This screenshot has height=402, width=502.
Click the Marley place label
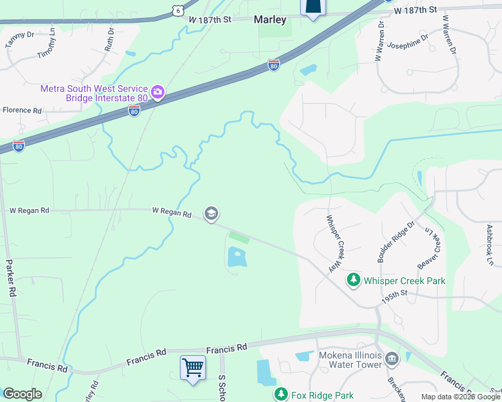click(x=270, y=20)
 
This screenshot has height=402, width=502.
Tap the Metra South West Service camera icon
click(x=158, y=92)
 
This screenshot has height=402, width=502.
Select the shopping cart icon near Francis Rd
click(x=193, y=366)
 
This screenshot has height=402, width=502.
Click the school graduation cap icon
click(x=211, y=214)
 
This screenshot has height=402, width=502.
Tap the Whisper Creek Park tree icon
click(x=352, y=279)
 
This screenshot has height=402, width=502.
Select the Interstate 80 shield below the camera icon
click(x=134, y=113)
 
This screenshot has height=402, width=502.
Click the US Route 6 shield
click(x=177, y=9)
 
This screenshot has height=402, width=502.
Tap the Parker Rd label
click(x=10, y=279)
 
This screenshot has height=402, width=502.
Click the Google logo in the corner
click(x=21, y=394)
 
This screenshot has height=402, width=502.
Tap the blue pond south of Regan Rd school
click(x=237, y=257)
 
